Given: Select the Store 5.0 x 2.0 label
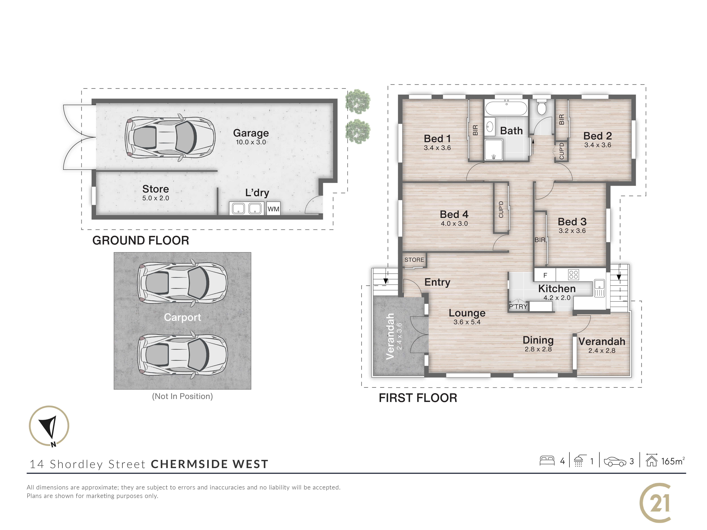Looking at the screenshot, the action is [x=156, y=193].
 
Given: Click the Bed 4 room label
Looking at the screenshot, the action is [x=454, y=214].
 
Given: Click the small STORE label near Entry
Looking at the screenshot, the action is [x=414, y=260].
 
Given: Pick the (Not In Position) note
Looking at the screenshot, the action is [x=182, y=396].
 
